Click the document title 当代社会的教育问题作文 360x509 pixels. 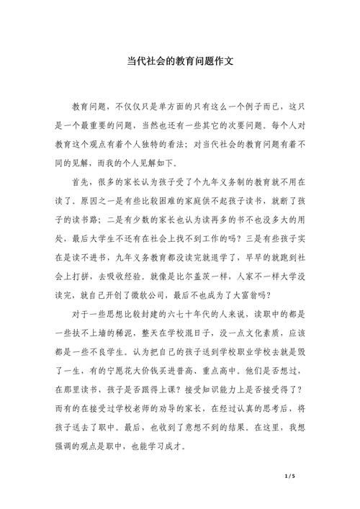point(180,62)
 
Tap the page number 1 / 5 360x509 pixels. point(290,477)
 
